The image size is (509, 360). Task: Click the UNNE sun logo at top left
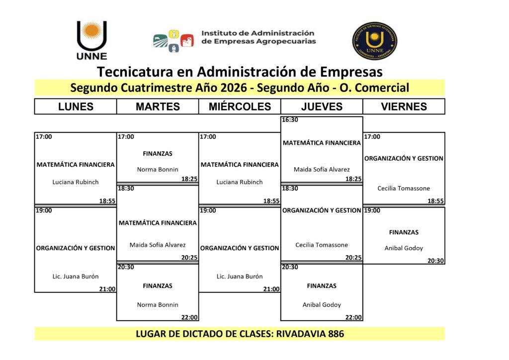tap(92, 40)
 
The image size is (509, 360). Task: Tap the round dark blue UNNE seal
tap(375, 41)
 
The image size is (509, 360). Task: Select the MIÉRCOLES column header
tap(240, 106)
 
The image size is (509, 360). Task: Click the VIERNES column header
tap(404, 106)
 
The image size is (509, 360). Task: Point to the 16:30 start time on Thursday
tap(290, 120)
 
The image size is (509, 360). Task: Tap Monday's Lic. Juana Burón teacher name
tap(76, 276)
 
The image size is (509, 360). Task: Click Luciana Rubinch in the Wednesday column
tap(240, 182)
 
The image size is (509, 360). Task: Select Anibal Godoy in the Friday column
tap(404, 248)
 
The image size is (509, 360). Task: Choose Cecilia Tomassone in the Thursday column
tap(322, 245)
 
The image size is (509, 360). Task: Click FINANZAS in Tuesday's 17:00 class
tap(158, 154)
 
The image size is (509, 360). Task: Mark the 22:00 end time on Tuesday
tap(189, 317)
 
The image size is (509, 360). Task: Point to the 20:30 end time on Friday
tap(435, 261)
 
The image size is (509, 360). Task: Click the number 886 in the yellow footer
tap(336, 334)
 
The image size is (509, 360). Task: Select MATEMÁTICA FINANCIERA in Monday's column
tap(76, 165)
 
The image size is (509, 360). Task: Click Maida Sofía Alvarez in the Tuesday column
tap(158, 245)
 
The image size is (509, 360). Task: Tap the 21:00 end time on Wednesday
tap(271, 289)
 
